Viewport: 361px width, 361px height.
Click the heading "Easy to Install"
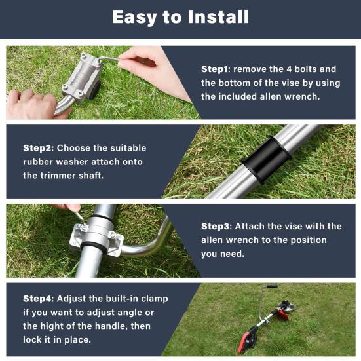click(x=181, y=17)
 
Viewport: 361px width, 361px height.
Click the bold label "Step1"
click(x=214, y=69)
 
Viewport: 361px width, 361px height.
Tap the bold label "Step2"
click(x=37, y=148)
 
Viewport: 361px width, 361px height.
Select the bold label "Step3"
click(x=215, y=226)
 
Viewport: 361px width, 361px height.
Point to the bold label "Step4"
click(x=37, y=299)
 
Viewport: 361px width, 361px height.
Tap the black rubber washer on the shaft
click(x=267, y=160)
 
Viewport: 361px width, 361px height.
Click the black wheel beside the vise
click(x=95, y=89)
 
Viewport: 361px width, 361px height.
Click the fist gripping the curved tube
click(x=32, y=104)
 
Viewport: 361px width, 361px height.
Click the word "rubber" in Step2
click(x=38, y=162)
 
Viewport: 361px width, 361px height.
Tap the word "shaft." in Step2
click(x=91, y=176)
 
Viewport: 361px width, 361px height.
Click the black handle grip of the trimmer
click(x=271, y=286)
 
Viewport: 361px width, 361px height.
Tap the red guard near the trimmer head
click(x=283, y=314)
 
